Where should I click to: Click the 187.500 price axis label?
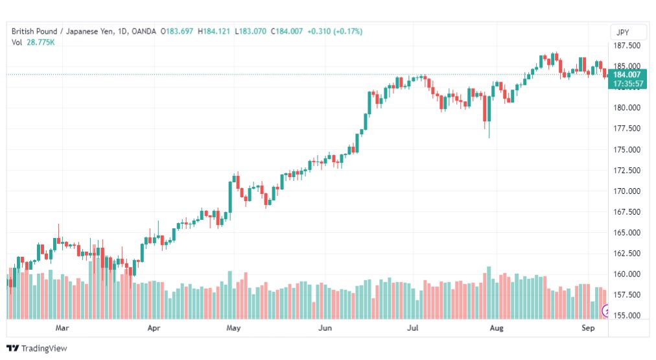[627, 45]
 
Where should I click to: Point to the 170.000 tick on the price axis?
[627, 191]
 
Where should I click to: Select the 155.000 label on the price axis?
[627, 316]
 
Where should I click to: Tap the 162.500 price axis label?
[627, 253]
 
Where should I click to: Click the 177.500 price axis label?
[627, 128]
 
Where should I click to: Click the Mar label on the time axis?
[62, 328]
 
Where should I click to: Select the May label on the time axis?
[233, 328]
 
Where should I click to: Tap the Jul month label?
[412, 328]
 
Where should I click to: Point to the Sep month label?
[588, 328]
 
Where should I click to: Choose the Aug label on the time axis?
[497, 328]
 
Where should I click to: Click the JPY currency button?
[622, 32]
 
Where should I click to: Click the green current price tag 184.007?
[627, 75]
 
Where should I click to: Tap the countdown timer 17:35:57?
[627, 84]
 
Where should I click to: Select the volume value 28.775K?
[41, 42]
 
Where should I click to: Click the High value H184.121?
[214, 31]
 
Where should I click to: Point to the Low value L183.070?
[250, 31]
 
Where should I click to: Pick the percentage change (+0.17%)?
[347, 31]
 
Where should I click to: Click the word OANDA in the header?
[143, 31]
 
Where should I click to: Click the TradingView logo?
[37, 348]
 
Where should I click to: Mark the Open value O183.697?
[177, 31]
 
